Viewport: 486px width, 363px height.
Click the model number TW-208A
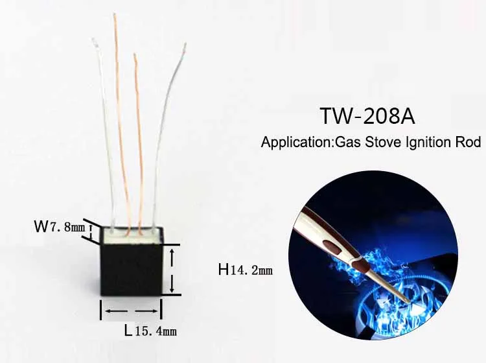(x=367, y=117)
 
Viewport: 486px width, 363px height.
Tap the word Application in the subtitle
(x=296, y=143)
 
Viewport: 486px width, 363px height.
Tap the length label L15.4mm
(x=150, y=331)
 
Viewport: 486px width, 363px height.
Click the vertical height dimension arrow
(x=172, y=270)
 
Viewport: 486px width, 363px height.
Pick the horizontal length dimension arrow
(x=130, y=311)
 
